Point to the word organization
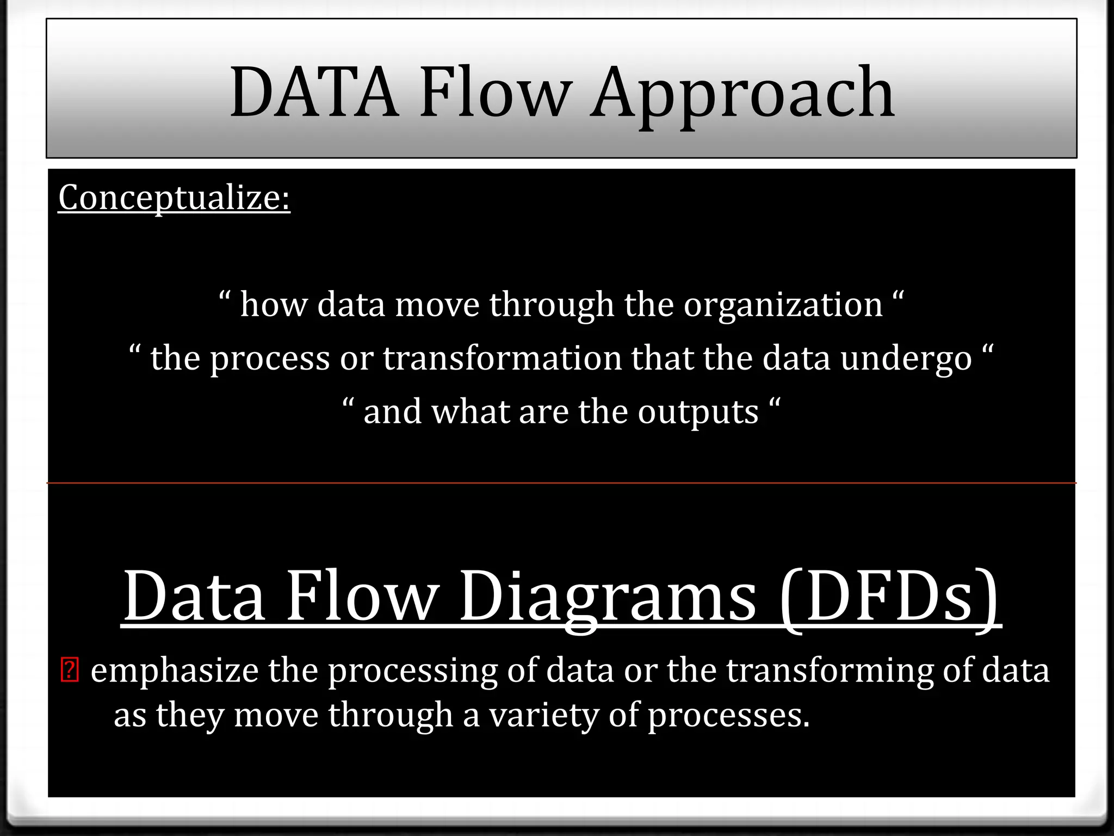783,305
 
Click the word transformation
502,358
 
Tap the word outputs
698,412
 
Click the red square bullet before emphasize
70,671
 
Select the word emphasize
174,671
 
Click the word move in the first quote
437,304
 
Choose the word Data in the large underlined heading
194,597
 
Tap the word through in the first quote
551,305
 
